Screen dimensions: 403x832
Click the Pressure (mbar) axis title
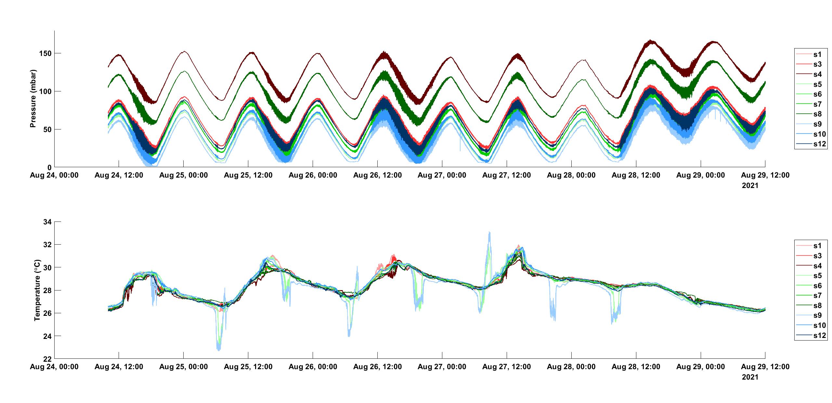coord(33,99)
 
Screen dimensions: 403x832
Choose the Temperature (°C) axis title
coord(37,290)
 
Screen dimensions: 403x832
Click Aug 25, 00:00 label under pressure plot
coord(184,175)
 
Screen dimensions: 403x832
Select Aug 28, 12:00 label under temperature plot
coord(636,367)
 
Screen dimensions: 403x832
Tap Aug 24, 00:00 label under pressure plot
coord(54,175)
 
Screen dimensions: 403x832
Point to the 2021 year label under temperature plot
coord(750,377)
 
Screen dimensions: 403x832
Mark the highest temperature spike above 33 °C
coord(489,232)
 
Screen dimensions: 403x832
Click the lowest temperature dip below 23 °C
coord(218,350)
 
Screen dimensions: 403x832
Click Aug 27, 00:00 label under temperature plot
coord(442,367)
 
